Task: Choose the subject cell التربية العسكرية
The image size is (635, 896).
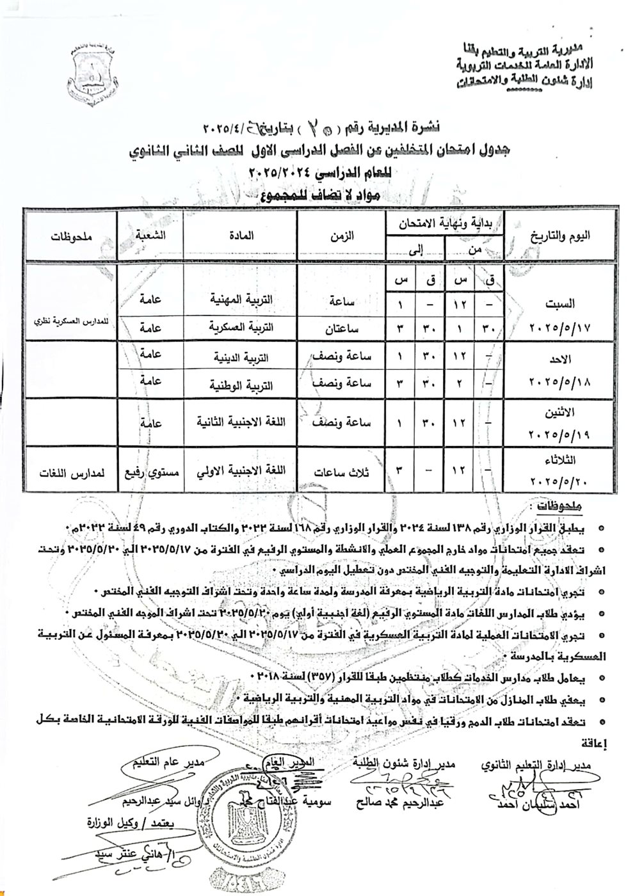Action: [243, 326]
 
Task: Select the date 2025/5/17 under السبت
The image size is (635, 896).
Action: [560, 327]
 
